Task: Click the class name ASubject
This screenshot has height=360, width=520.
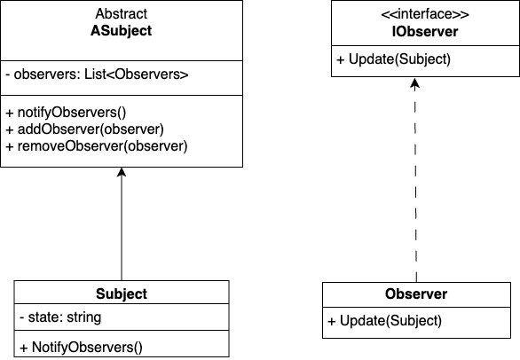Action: pyautogui.click(x=122, y=31)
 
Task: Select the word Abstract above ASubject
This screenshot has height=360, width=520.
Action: pyautogui.click(x=122, y=15)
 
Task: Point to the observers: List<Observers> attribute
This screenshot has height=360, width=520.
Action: pyautogui.click(x=100, y=75)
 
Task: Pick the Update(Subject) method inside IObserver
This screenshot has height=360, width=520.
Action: pyautogui.click(x=394, y=59)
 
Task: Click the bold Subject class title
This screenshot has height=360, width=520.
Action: pyautogui.click(x=122, y=294)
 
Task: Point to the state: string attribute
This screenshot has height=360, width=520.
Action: pyautogui.click(x=59, y=317)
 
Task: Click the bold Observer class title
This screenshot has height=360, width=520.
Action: pyautogui.click(x=416, y=294)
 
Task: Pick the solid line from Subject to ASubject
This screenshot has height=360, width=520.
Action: pyautogui.click(x=122, y=231)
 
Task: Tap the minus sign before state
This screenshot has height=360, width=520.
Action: pyautogui.click(x=20, y=317)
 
